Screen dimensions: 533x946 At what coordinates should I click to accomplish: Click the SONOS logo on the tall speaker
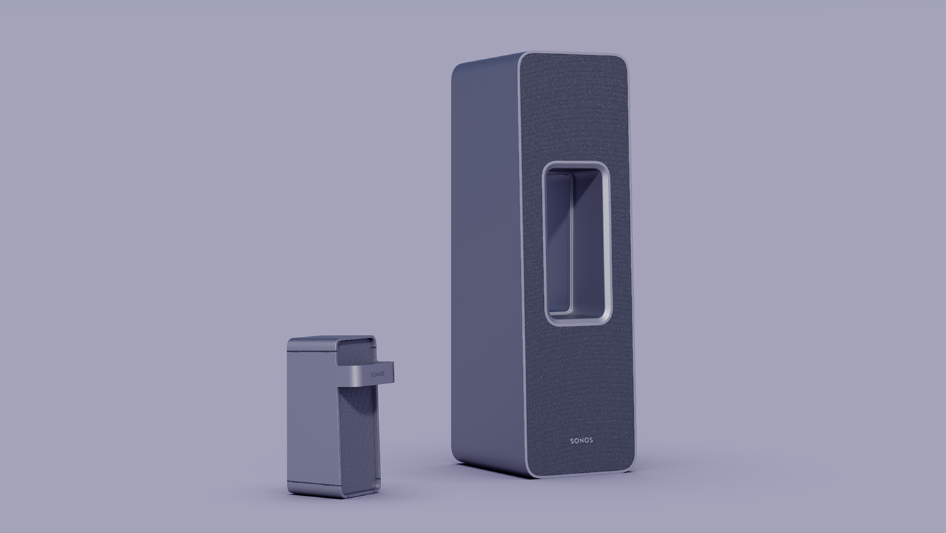pyautogui.click(x=581, y=440)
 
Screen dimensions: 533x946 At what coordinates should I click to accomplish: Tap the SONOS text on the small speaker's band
pyautogui.click(x=377, y=373)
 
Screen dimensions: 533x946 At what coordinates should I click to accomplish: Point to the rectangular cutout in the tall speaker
pyautogui.click(x=577, y=244)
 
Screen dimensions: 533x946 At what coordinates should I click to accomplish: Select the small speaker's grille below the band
pyautogui.click(x=358, y=433)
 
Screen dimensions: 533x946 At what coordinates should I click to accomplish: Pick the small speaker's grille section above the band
pyautogui.click(x=355, y=352)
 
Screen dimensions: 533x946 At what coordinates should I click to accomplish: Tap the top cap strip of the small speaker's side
pyautogui.click(x=312, y=345)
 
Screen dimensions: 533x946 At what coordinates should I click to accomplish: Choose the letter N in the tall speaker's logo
pyautogui.click(x=581, y=440)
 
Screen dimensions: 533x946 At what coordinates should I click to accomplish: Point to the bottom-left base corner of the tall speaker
pyautogui.click(x=457, y=460)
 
